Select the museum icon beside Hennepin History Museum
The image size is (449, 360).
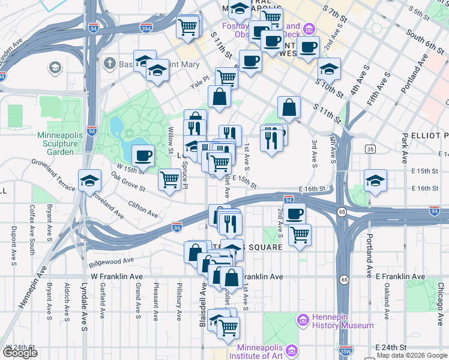303,321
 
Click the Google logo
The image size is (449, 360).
20,353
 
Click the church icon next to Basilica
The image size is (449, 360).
109,63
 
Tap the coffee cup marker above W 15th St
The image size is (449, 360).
142,157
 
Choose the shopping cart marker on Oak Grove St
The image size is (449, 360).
170,179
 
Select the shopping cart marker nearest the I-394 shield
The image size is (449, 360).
188,27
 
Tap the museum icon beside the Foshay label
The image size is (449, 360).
309,29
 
